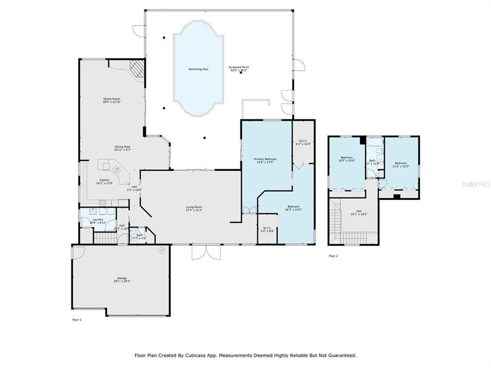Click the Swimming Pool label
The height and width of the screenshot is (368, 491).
tap(198, 69)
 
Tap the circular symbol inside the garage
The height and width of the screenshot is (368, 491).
tap(162, 250)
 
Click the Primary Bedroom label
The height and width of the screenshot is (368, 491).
tap(265, 159)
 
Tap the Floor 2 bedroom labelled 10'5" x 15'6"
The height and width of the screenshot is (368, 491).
tap(347, 158)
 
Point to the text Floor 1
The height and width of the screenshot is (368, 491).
tap(77, 319)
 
